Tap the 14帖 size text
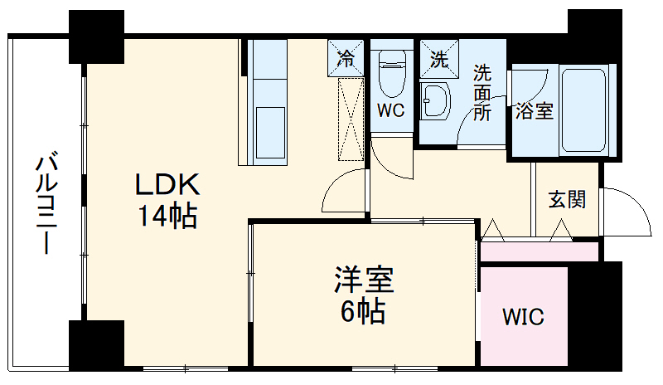pos(167,217)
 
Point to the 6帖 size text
pos(364,312)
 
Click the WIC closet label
pos(524,317)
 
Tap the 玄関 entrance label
pos(567,200)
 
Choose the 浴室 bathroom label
pos(534,111)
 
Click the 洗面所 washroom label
pos(482,93)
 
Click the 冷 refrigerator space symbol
pos(347,58)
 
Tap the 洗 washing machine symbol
pos(437,58)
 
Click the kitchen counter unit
pos(269,104)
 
